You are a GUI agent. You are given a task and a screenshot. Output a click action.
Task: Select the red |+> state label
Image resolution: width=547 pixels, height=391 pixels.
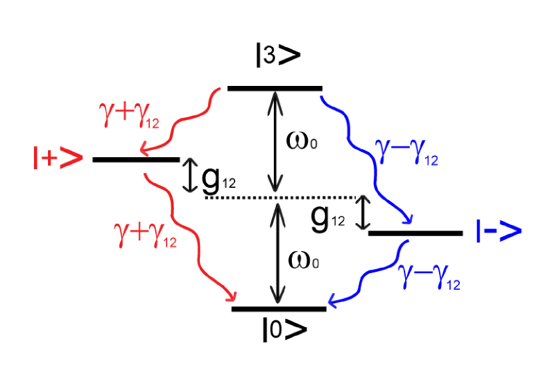57,159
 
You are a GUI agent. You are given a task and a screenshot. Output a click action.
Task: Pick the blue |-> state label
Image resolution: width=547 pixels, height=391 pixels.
498,231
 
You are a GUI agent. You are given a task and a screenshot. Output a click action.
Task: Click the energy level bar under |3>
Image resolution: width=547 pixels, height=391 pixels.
274,88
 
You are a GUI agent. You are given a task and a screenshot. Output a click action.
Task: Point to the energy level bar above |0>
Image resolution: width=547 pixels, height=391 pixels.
279,309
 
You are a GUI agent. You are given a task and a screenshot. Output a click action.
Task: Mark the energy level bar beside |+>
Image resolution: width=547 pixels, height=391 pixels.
136,160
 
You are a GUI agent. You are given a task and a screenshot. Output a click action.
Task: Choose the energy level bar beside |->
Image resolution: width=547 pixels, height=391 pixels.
415,233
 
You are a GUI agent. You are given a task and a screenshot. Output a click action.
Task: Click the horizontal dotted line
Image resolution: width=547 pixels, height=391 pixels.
280,198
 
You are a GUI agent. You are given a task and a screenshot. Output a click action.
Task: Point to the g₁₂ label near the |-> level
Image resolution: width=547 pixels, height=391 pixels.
328,218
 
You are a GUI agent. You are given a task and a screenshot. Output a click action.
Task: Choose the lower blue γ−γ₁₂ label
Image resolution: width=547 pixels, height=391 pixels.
429,277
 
